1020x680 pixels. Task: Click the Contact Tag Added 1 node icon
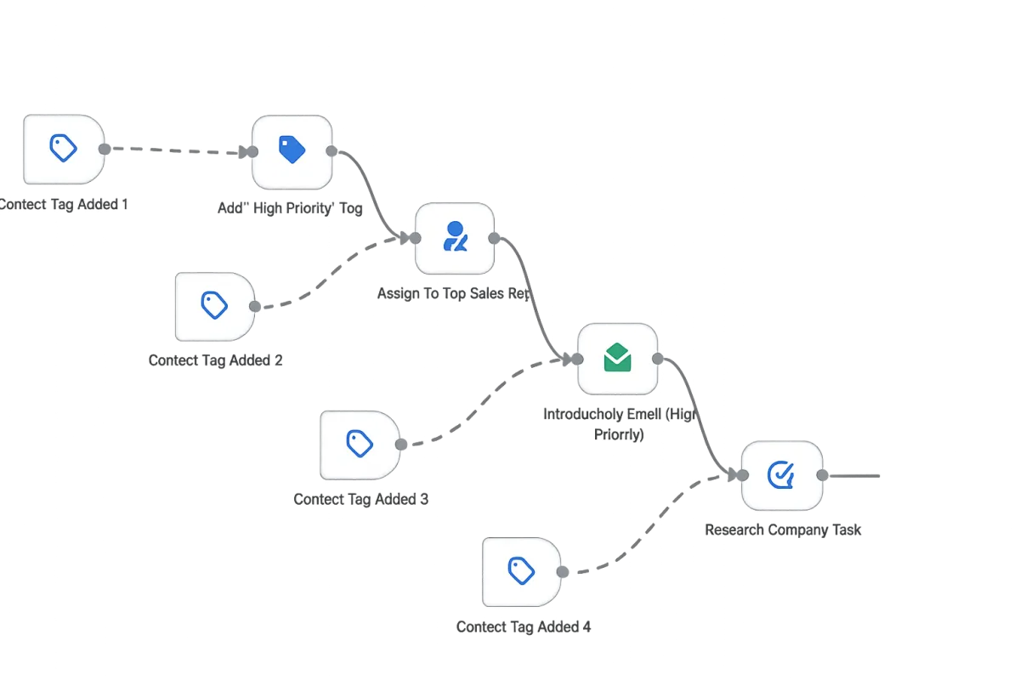pos(64,149)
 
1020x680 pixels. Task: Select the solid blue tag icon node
pos(292,151)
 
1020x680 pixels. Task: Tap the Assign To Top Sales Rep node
pos(455,238)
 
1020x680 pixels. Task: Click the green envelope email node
pos(618,359)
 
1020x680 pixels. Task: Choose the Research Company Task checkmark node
pos(781,475)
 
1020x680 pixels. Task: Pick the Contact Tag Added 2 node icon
pos(214,305)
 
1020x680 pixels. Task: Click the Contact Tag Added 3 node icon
pos(360,443)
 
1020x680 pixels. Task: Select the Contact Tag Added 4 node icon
pos(521,571)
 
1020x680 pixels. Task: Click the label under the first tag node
pos(64,205)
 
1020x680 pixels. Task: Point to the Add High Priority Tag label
pos(291,208)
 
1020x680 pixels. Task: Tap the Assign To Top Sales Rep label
pos(451,293)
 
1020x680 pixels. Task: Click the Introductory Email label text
pos(619,414)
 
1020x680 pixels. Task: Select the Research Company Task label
pos(783,530)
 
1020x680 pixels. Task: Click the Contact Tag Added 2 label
pos(217,360)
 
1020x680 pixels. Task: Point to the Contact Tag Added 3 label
pos(360,499)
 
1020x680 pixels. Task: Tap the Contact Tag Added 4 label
pos(523,627)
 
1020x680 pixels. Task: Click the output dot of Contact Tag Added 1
pos(104,150)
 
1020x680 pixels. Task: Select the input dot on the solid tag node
pos(252,151)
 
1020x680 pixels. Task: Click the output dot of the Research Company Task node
pos(821,475)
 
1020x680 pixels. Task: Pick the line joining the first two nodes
pos(178,150)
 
